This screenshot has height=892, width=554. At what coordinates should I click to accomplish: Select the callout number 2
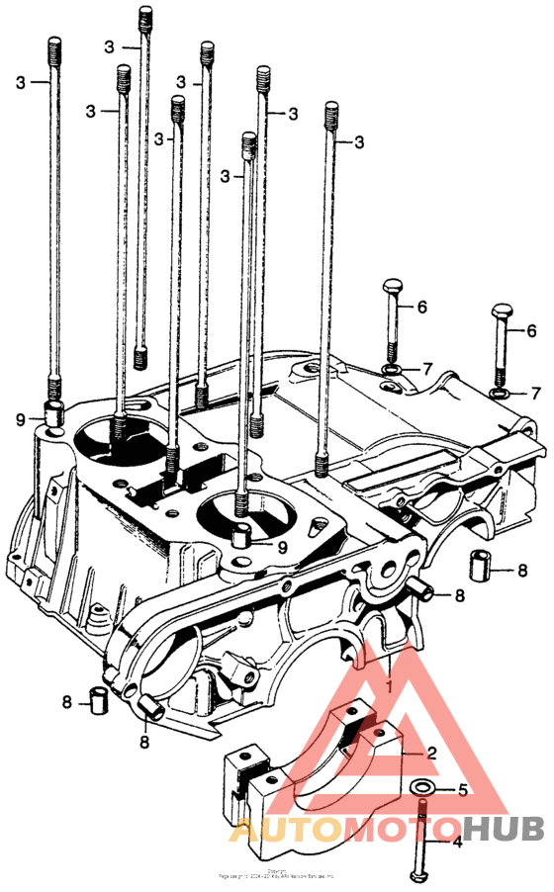(431, 752)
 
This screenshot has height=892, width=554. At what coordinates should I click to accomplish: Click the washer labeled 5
(422, 788)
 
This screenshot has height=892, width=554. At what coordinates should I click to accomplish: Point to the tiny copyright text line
(277, 874)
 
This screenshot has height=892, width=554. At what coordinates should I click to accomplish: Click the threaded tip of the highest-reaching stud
(146, 14)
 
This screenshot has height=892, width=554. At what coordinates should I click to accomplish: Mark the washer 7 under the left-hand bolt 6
(392, 371)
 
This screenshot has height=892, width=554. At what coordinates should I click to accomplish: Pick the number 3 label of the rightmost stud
(358, 142)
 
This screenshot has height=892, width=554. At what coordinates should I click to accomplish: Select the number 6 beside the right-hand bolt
(531, 331)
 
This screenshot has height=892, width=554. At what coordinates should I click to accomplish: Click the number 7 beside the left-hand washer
(427, 369)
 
